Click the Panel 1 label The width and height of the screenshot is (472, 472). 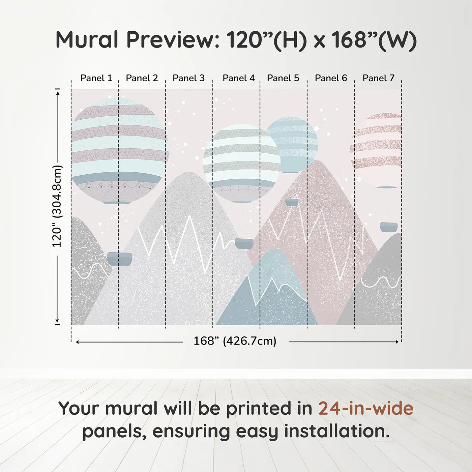pos(96,78)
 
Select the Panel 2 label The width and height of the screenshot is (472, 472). pos(142,78)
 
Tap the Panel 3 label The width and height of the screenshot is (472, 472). pos(188,78)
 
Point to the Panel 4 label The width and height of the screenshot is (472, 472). pos(238,78)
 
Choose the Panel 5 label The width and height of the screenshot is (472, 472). pos(283,78)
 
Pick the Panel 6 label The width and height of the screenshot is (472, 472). pos(331,78)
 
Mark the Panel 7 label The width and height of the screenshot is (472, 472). pos(378,78)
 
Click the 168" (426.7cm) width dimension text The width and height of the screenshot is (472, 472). pos(235,341)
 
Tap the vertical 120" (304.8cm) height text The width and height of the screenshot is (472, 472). pos(57,206)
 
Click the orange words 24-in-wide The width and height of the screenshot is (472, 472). pos(366,408)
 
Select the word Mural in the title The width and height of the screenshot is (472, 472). pos(87,40)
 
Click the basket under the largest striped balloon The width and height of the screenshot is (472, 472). pos(120,259)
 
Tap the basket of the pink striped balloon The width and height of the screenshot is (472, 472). pos(388,227)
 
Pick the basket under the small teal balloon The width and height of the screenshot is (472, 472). pos(292,202)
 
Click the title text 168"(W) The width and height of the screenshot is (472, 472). pos(374,40)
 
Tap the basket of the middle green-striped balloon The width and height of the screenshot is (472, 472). pos(244,243)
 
